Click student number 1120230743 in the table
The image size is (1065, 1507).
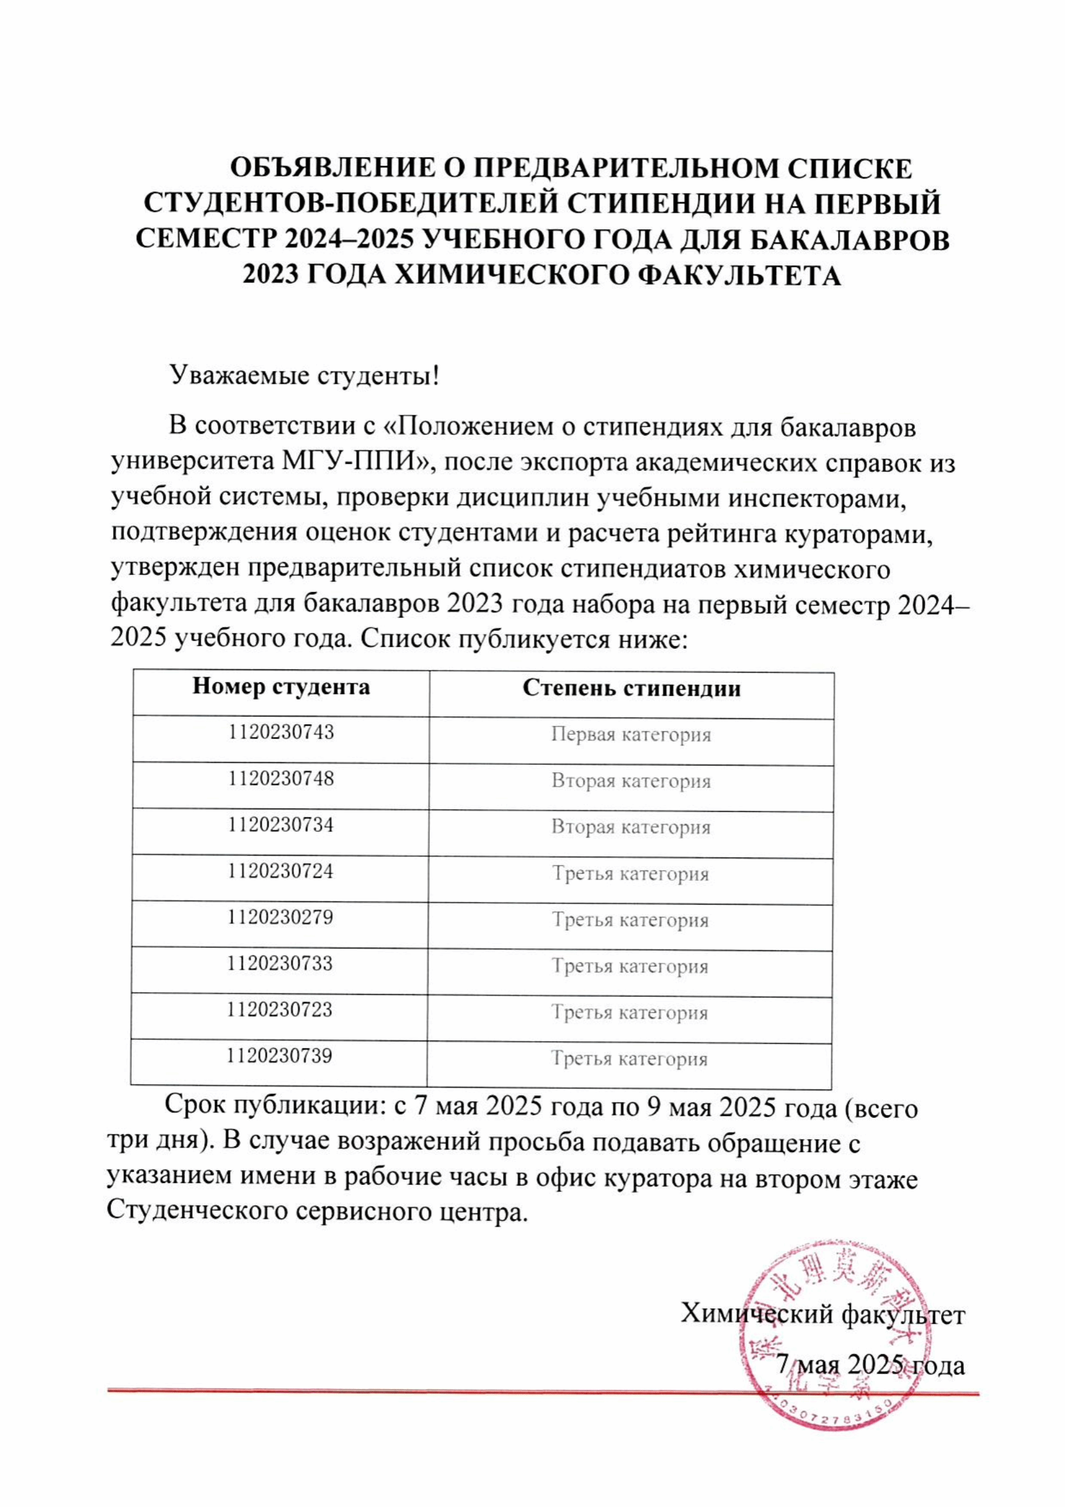coord(281,732)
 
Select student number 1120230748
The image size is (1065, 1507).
coord(281,778)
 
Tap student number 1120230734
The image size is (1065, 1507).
coord(281,825)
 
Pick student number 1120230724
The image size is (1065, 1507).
coord(281,871)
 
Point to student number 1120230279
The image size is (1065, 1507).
coord(281,917)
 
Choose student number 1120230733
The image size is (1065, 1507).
coord(280,963)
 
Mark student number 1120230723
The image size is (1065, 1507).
coord(280,1010)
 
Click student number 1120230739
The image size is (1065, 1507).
coord(280,1056)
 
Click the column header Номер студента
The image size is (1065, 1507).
coord(281,687)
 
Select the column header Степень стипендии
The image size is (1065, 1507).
coord(632,689)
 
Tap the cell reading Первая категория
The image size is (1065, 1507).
coord(631,734)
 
